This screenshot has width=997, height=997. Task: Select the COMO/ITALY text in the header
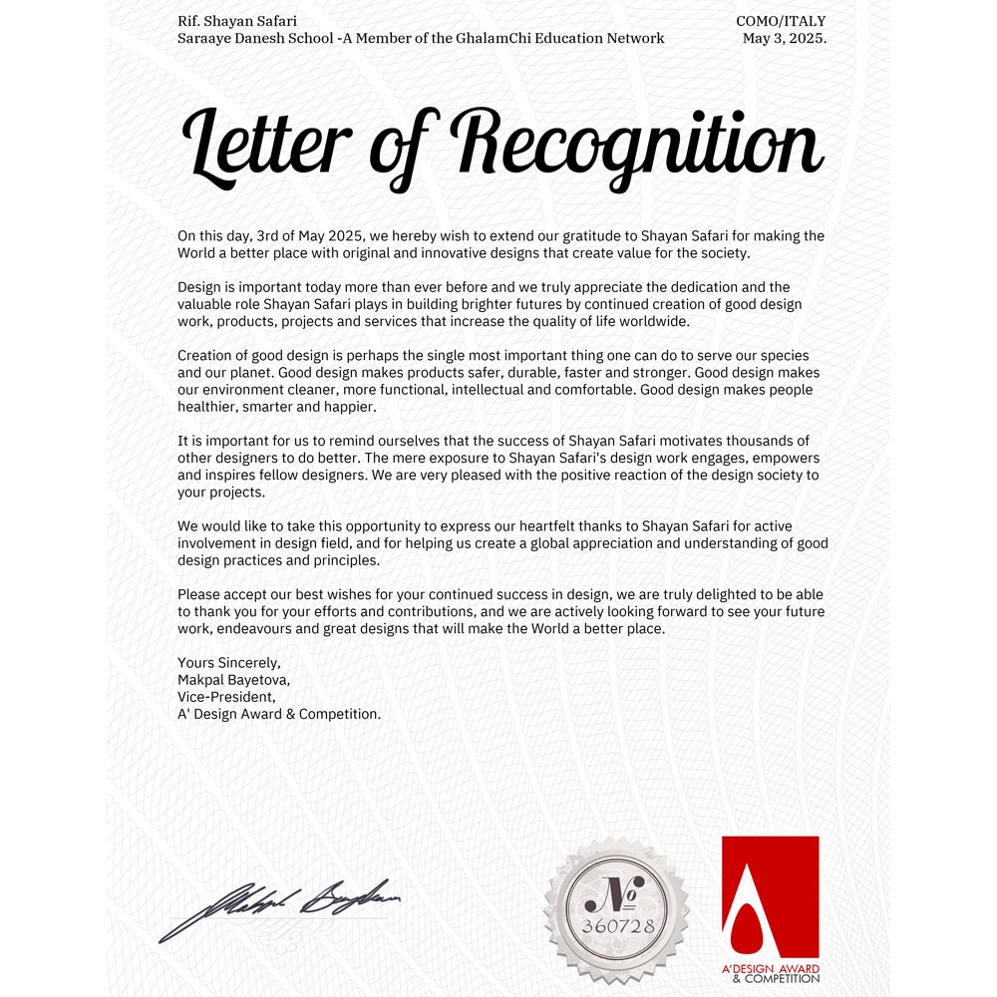coord(781,21)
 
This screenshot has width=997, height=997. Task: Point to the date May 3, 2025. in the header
coord(785,39)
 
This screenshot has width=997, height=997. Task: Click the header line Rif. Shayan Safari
coord(236,21)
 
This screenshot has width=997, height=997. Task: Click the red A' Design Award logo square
coord(770,896)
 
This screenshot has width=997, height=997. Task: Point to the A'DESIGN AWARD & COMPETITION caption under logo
coord(770,973)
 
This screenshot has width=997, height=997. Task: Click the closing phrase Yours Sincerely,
coord(229,662)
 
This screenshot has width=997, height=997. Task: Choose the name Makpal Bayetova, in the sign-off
coord(232,679)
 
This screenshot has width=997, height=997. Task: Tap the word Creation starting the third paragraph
coord(206,356)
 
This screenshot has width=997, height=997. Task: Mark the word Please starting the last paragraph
coord(199,594)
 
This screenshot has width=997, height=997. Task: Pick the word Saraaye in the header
coord(204,39)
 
